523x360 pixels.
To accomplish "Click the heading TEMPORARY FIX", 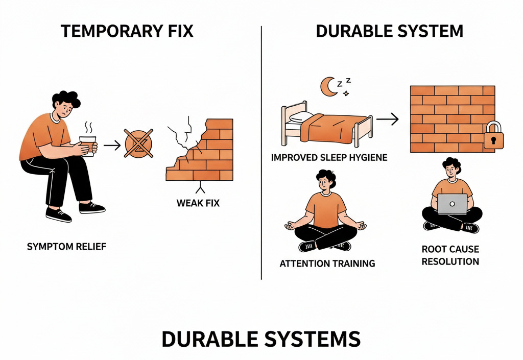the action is coord(127,31).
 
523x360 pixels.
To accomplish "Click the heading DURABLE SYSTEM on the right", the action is coord(389,31).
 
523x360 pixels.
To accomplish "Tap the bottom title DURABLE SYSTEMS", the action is coord(261,339).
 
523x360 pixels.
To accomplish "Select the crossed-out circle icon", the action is coord(138,143).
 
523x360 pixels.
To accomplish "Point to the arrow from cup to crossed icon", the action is coord(112,146).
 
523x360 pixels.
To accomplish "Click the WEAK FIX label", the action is coord(198,203).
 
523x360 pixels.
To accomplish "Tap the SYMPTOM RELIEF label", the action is coord(67,246).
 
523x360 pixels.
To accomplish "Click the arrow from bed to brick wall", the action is coord(388,119).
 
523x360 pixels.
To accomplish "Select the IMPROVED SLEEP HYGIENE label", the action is coord(329,157).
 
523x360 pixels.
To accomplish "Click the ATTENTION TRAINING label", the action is coord(327,263).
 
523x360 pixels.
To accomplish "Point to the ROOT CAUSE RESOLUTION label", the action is coord(450,255).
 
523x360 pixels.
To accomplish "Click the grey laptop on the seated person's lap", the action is coord(453,204).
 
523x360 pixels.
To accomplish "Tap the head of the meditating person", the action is coord(325,181).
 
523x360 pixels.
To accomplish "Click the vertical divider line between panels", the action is coord(261,153).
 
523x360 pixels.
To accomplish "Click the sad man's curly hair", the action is coord(66,99).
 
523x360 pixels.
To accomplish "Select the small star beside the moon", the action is coord(347,93).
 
